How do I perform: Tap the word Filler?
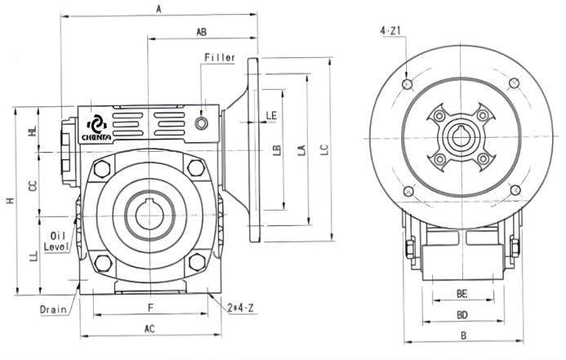pyautogui.click(x=220, y=58)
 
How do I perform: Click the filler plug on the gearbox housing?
pyautogui.click(x=203, y=122)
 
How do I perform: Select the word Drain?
pyautogui.click(x=52, y=309)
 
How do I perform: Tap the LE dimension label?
pyautogui.click(x=271, y=115)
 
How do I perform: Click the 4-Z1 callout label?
pyautogui.click(x=390, y=30)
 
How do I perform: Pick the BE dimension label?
pyautogui.click(x=461, y=292)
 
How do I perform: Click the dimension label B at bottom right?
pyautogui.click(x=462, y=335)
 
